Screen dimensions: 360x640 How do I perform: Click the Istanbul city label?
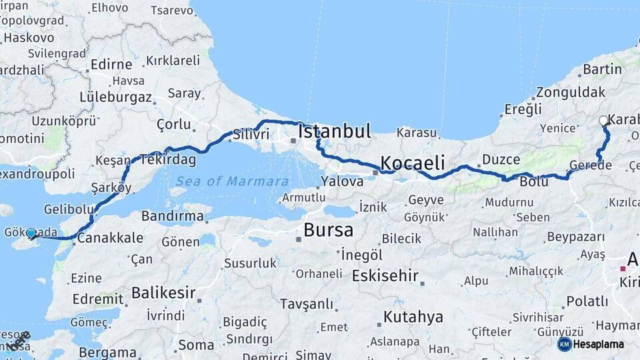(334, 131)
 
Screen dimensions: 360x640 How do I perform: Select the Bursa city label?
(328, 231)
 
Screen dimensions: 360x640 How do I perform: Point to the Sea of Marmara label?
(232, 181)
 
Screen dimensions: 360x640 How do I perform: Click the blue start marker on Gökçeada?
(31, 233)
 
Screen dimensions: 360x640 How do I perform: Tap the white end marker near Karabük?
(604, 121)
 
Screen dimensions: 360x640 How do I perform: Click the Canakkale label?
(110, 238)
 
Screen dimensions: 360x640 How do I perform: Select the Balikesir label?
(163, 292)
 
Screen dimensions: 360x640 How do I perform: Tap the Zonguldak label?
(571, 92)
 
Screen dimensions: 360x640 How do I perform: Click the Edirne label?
(111, 65)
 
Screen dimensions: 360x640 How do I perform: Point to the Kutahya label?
(413, 317)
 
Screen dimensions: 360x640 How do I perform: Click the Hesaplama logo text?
(599, 344)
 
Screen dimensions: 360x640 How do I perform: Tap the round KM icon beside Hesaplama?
(564, 344)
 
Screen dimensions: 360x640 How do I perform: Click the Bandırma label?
(172, 216)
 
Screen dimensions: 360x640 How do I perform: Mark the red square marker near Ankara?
(623, 269)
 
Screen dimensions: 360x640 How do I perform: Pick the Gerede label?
(589, 165)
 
